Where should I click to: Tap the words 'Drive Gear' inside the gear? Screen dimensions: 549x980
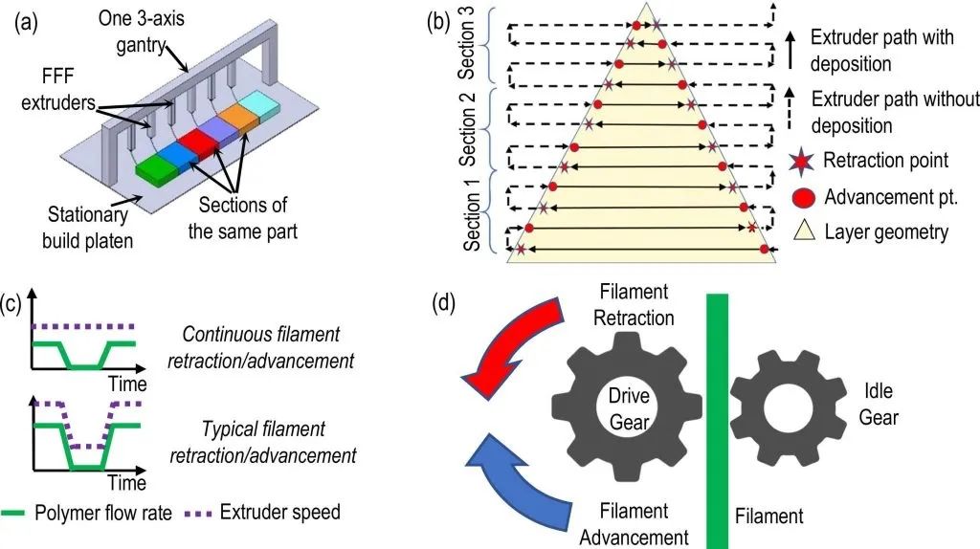(630, 406)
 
